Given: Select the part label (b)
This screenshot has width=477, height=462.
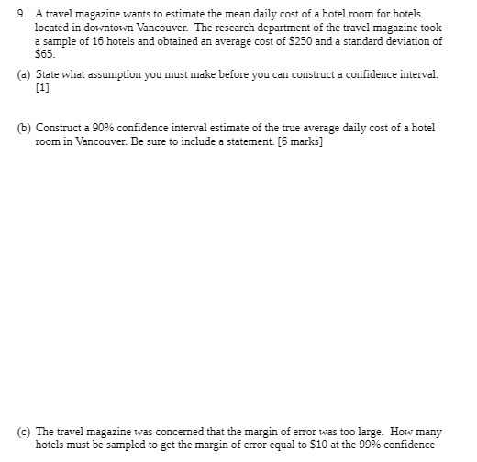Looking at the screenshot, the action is click(24, 127).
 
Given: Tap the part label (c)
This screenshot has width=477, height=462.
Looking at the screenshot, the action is click(24, 431).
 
